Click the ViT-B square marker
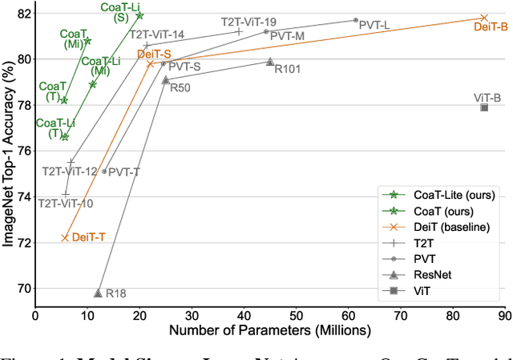(484, 107)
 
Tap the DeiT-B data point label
(491, 26)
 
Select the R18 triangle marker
(98, 293)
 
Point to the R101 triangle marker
(270, 62)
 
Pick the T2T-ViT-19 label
(249, 21)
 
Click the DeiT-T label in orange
(89, 237)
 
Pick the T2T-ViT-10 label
(66, 204)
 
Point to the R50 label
(180, 87)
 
